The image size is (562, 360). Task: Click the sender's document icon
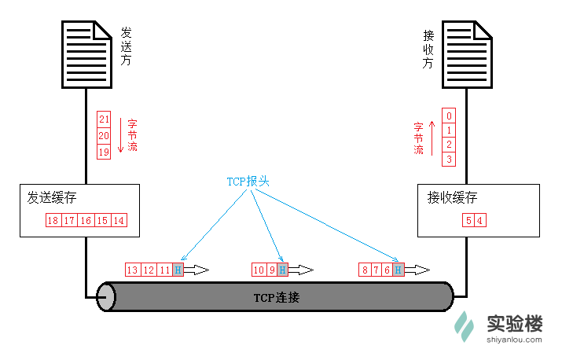pyautogui.click(x=86, y=54)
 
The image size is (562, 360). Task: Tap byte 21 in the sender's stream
pyautogui.click(x=104, y=119)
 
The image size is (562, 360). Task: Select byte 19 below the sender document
pyautogui.click(x=104, y=152)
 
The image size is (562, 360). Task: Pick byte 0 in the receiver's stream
pyautogui.click(x=449, y=115)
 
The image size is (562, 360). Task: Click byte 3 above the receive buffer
pyautogui.click(x=449, y=160)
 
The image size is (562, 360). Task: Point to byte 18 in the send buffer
pyautogui.click(x=53, y=220)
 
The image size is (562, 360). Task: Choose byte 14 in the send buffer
pyautogui.click(x=119, y=220)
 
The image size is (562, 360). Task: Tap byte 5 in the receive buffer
pyautogui.click(x=468, y=220)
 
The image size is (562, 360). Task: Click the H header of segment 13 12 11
pyautogui.click(x=178, y=270)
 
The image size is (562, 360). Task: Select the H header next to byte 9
pyautogui.click(x=282, y=270)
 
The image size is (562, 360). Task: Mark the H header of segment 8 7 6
pyautogui.click(x=399, y=270)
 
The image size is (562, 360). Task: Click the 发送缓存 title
pyautogui.click(x=52, y=197)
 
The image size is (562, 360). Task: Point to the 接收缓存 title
pyautogui.click(x=452, y=197)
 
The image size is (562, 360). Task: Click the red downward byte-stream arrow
pyautogui.click(x=120, y=136)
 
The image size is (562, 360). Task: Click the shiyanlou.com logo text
pyautogui.click(x=513, y=340)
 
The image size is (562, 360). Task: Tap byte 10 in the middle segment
pyautogui.click(x=258, y=270)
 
